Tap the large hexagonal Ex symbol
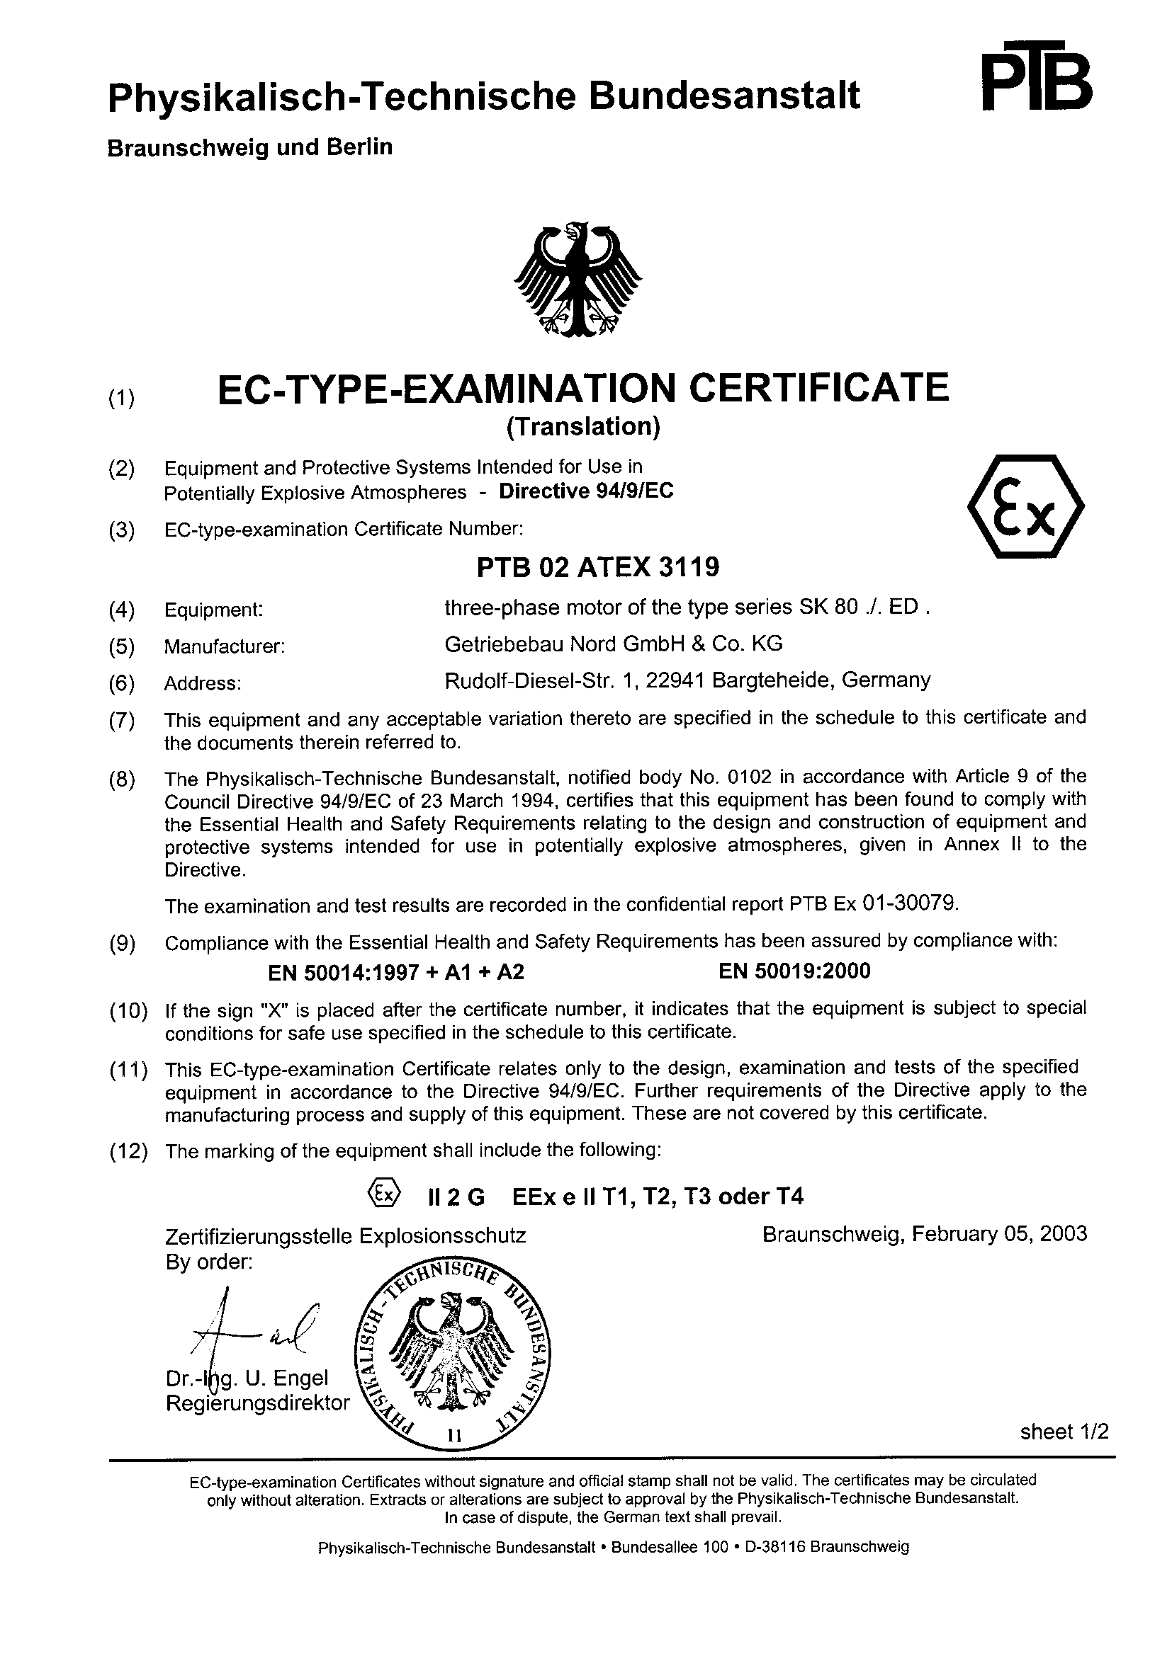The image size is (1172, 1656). tap(1025, 506)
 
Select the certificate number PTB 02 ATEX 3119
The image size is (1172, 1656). tap(598, 568)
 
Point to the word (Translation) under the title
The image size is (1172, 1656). tap(583, 427)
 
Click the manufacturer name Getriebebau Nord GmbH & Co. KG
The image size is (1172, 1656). tap(614, 644)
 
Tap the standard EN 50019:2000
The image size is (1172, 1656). tap(794, 971)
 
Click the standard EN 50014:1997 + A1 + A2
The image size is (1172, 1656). tap(396, 973)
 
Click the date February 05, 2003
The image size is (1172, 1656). tap(1000, 1233)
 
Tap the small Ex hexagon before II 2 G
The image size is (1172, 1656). tap(383, 1195)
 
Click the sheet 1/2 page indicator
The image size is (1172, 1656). tap(1064, 1432)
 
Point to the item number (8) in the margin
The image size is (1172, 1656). tap(122, 781)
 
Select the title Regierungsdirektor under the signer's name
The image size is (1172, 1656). tap(258, 1403)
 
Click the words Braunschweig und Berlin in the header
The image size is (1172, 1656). tap(249, 147)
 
